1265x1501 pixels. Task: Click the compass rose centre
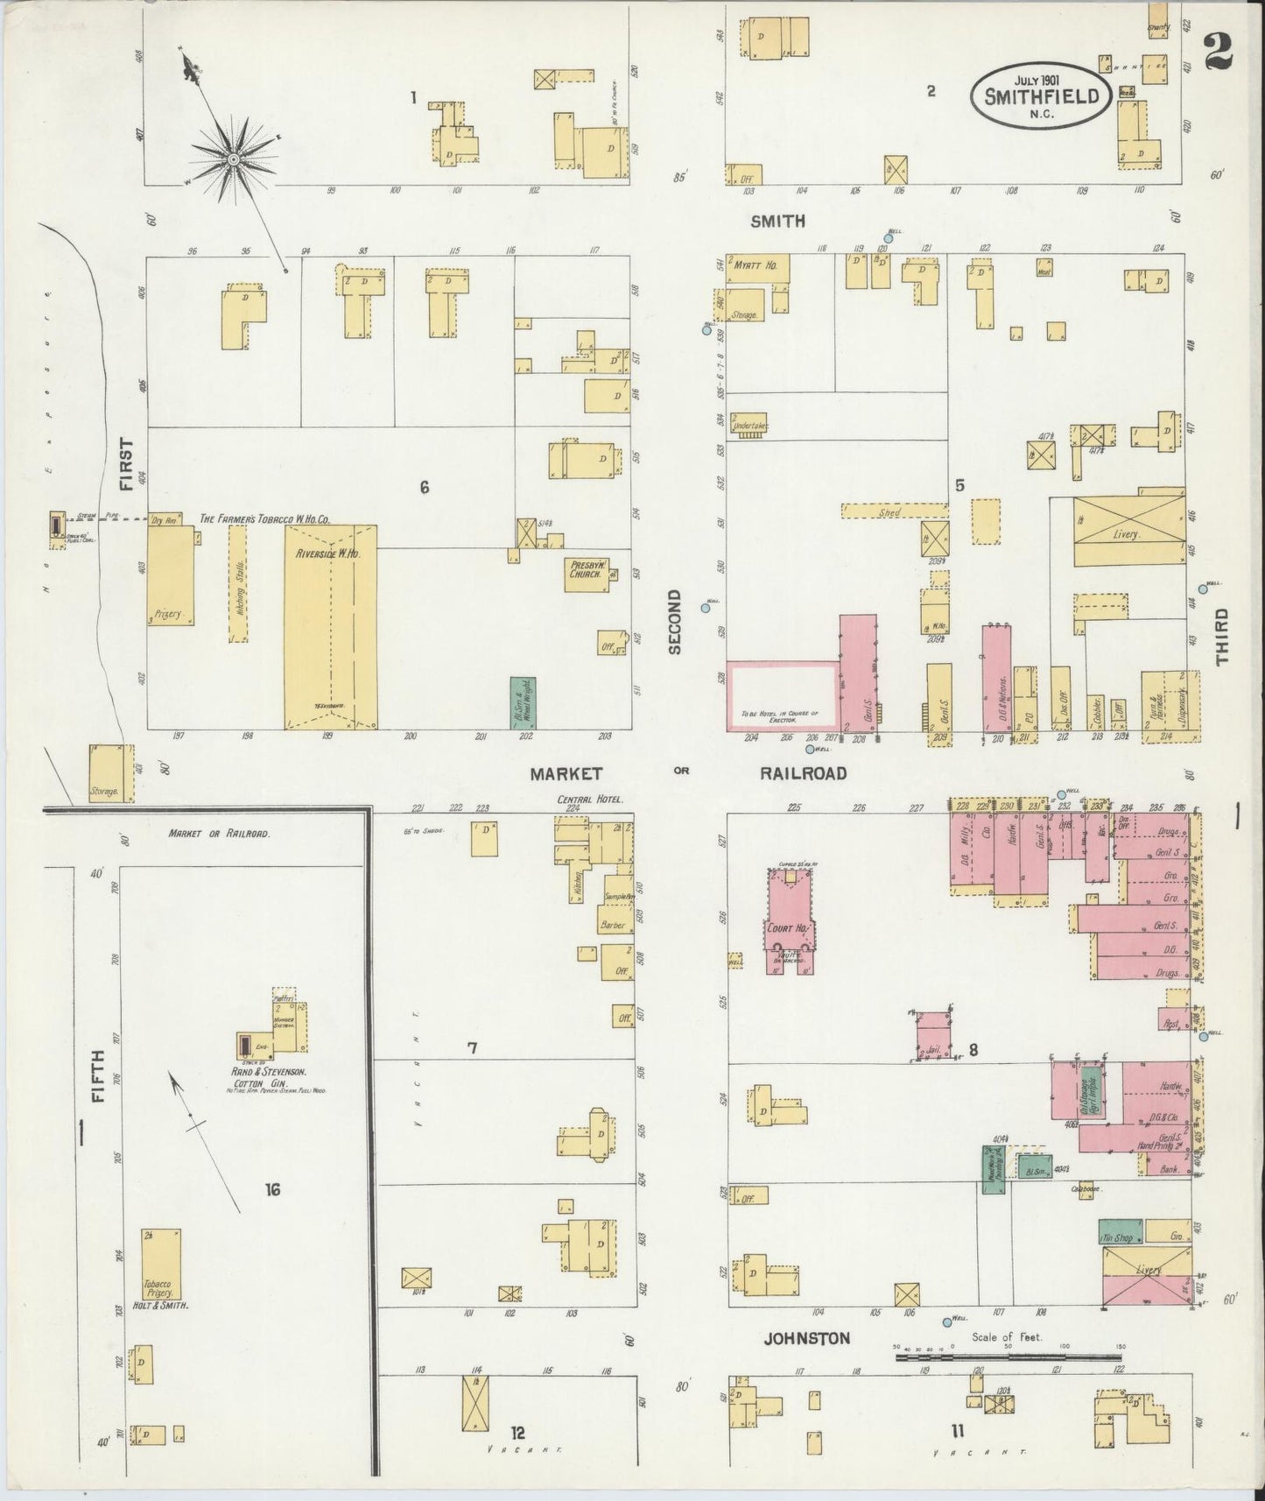[x=235, y=159]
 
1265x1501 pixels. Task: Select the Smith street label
[x=777, y=222]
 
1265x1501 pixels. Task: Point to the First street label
[x=128, y=464]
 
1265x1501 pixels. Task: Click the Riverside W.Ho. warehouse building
[x=330, y=626]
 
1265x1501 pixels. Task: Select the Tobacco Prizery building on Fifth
[x=162, y=1269]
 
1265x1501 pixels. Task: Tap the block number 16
[x=273, y=1189]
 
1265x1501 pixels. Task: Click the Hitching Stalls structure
[x=237, y=584]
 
